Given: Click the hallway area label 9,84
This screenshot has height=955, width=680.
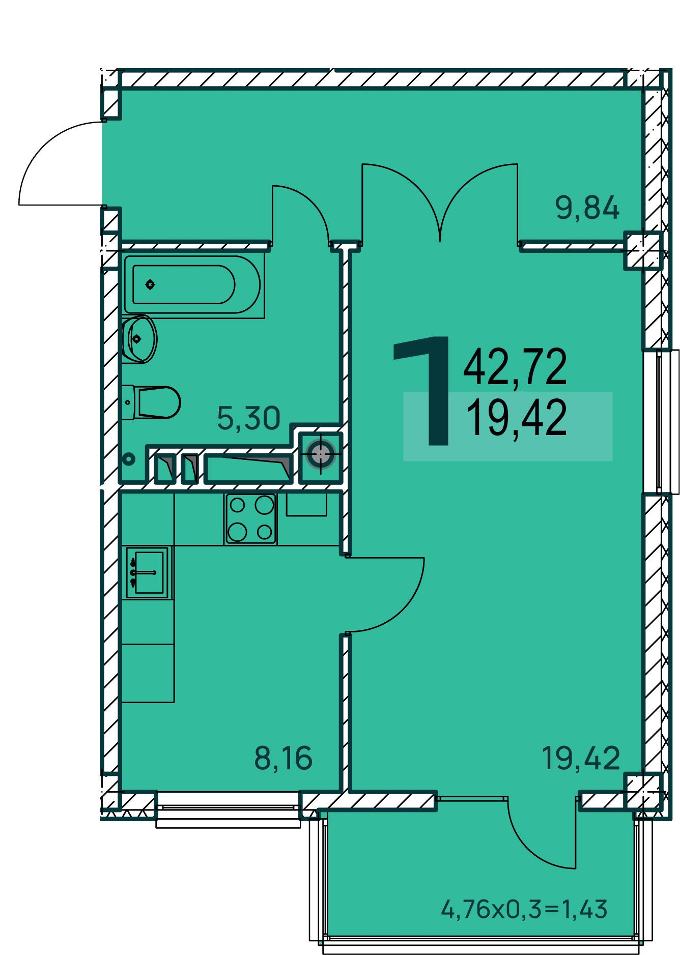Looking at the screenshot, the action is [587, 209].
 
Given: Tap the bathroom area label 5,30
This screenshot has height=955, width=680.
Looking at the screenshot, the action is [248, 418].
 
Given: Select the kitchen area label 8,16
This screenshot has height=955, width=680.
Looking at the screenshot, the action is [282, 758].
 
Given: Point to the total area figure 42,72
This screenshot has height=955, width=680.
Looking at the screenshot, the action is [515, 367].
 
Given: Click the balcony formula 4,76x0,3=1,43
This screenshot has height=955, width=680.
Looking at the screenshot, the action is [524, 909].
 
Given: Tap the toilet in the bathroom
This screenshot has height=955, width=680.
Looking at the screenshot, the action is [151, 402].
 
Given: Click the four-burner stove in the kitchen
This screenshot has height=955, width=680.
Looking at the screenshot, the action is [250, 518].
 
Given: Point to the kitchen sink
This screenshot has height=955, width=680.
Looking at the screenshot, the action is [147, 572].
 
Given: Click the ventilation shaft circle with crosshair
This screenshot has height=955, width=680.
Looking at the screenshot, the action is [321, 455].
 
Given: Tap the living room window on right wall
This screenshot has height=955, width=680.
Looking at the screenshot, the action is [661, 421].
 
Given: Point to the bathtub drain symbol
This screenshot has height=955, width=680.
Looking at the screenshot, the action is [150, 285].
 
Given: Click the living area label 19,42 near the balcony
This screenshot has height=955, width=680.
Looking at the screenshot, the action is [581, 758].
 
